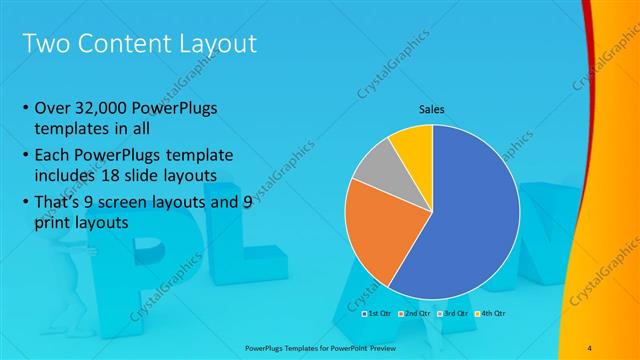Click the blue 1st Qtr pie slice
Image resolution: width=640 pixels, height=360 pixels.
click(x=470, y=220)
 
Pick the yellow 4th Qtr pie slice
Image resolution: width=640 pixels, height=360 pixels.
click(x=412, y=145)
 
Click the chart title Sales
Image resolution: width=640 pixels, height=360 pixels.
click(x=431, y=110)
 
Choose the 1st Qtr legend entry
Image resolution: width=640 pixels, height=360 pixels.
click(x=378, y=314)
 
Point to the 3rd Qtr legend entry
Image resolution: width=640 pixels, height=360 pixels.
click(x=451, y=314)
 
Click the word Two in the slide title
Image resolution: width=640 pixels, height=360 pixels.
click(x=45, y=44)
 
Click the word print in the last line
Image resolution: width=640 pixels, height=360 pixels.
click(x=51, y=224)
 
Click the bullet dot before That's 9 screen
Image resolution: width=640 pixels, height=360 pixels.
click(x=24, y=203)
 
